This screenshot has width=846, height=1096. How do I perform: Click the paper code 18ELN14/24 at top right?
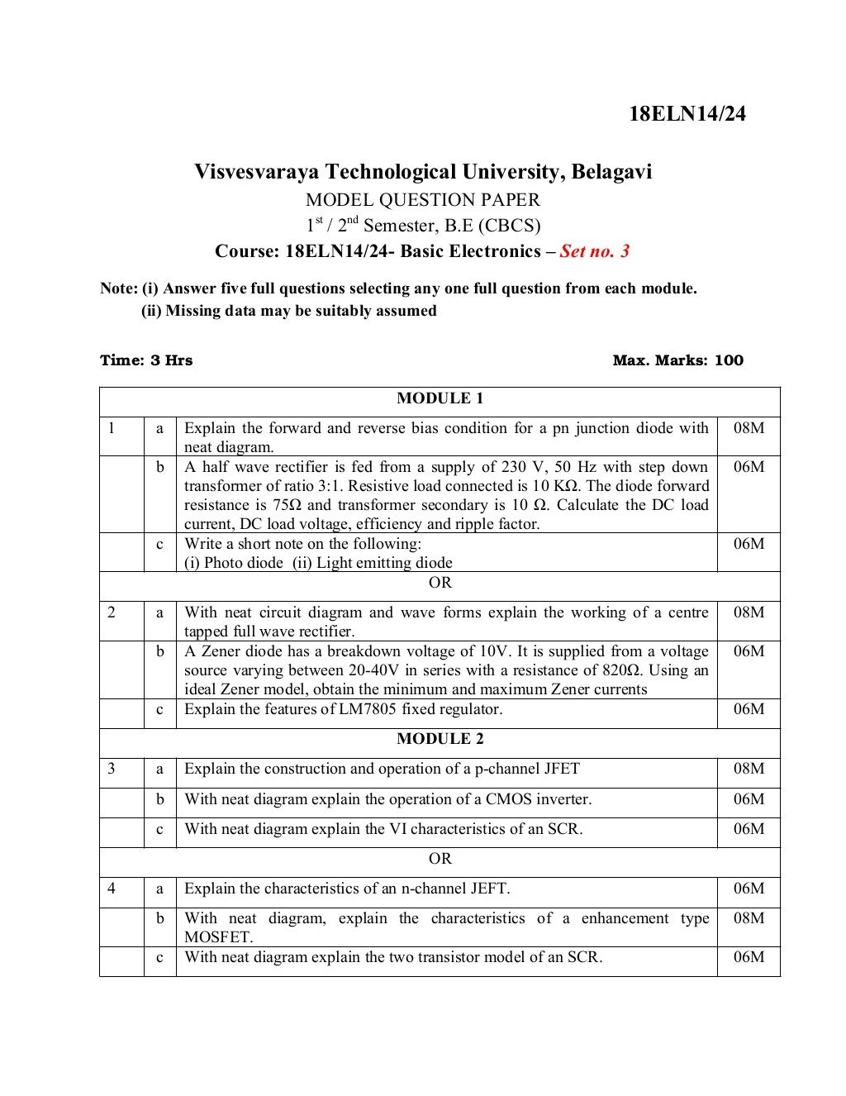687,114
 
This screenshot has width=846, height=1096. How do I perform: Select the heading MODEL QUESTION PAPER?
423,200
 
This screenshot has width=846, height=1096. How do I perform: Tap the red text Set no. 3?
595,250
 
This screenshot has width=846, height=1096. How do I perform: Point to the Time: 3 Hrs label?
146,360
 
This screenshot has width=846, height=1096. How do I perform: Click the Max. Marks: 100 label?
677,360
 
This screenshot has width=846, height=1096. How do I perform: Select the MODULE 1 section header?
440,398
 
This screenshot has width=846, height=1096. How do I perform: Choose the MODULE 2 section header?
440,739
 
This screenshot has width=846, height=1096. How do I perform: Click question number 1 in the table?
111,428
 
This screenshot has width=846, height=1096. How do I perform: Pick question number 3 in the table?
111,769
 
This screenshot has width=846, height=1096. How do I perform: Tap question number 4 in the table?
111,889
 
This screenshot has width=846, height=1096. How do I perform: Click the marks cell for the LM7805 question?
749,709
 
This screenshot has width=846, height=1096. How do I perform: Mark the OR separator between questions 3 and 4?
440,859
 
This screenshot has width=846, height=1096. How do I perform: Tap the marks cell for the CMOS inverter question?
749,799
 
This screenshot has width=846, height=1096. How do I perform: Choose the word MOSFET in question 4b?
218,937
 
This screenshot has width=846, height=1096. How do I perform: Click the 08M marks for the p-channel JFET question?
749,769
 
